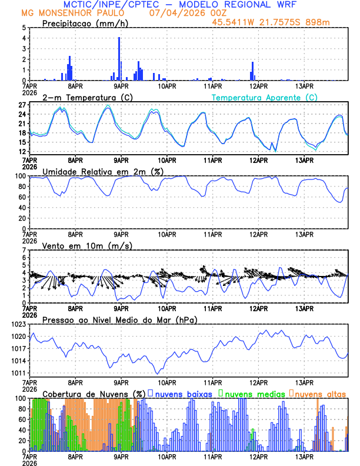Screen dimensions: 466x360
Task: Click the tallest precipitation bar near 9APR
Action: click(119, 59)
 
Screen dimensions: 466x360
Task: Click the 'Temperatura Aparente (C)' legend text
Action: click(265, 97)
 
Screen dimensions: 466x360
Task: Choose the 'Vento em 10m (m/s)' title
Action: click(87, 245)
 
